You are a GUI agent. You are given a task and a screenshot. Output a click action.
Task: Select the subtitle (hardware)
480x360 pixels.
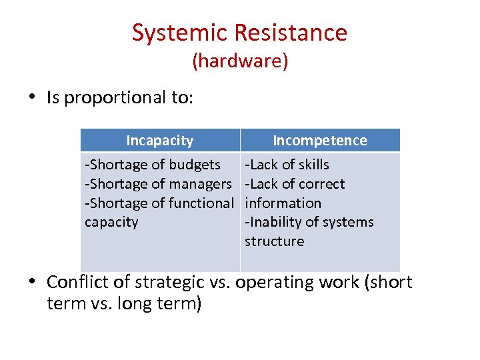pos(240,61)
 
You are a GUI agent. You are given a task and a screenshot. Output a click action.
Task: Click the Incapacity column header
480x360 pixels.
pos(160,141)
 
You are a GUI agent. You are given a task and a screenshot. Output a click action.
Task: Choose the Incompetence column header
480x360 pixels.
pos(319,141)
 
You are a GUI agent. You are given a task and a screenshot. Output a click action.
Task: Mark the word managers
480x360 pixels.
pos(201,184)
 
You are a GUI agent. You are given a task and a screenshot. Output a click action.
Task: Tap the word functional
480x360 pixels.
pos(201,203)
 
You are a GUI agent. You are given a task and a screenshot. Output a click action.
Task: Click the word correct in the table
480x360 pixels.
pos(321,184)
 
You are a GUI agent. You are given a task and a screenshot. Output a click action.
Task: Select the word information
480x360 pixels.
pos(283,203)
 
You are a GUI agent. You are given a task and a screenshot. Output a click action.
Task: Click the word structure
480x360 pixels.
pos(274,241)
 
